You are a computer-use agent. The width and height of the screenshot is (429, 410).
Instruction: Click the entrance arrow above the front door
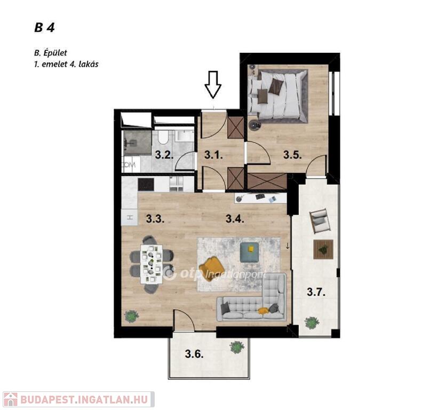pos(213,84)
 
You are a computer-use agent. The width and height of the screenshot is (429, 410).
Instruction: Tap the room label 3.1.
pos(213,155)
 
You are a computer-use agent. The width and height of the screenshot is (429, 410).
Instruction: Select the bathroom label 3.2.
pos(164,155)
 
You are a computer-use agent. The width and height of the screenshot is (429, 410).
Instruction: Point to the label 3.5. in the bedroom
pos(292,155)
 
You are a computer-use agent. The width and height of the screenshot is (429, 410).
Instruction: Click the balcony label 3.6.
pos(194,354)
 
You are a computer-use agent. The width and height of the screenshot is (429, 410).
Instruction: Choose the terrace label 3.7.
pos(316,292)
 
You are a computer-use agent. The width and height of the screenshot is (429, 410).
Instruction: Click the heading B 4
pos(45,28)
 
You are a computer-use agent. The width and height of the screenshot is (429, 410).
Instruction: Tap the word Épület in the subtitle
pos(55,53)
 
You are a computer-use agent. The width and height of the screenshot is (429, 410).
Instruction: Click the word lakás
pos(89,64)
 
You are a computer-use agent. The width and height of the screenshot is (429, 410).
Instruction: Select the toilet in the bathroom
pos(163,137)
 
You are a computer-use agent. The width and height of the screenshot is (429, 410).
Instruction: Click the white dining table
pos(152,264)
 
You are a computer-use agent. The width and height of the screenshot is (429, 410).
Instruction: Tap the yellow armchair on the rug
pos(211,265)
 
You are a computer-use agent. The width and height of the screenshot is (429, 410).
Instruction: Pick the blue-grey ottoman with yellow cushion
pos(249,252)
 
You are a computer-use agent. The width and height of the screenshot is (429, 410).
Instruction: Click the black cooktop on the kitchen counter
pos(146,185)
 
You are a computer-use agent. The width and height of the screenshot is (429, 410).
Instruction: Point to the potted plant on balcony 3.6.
pos(237,347)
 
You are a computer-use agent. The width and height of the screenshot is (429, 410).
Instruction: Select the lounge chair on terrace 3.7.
pos(320,221)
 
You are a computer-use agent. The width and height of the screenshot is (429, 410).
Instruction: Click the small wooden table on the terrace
pos(323,249)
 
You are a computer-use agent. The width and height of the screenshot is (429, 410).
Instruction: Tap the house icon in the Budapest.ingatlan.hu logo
pos(11,399)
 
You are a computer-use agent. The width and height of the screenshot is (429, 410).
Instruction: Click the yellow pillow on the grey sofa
pos(263,310)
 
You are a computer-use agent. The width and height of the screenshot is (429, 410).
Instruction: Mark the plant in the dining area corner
pos(132,317)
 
